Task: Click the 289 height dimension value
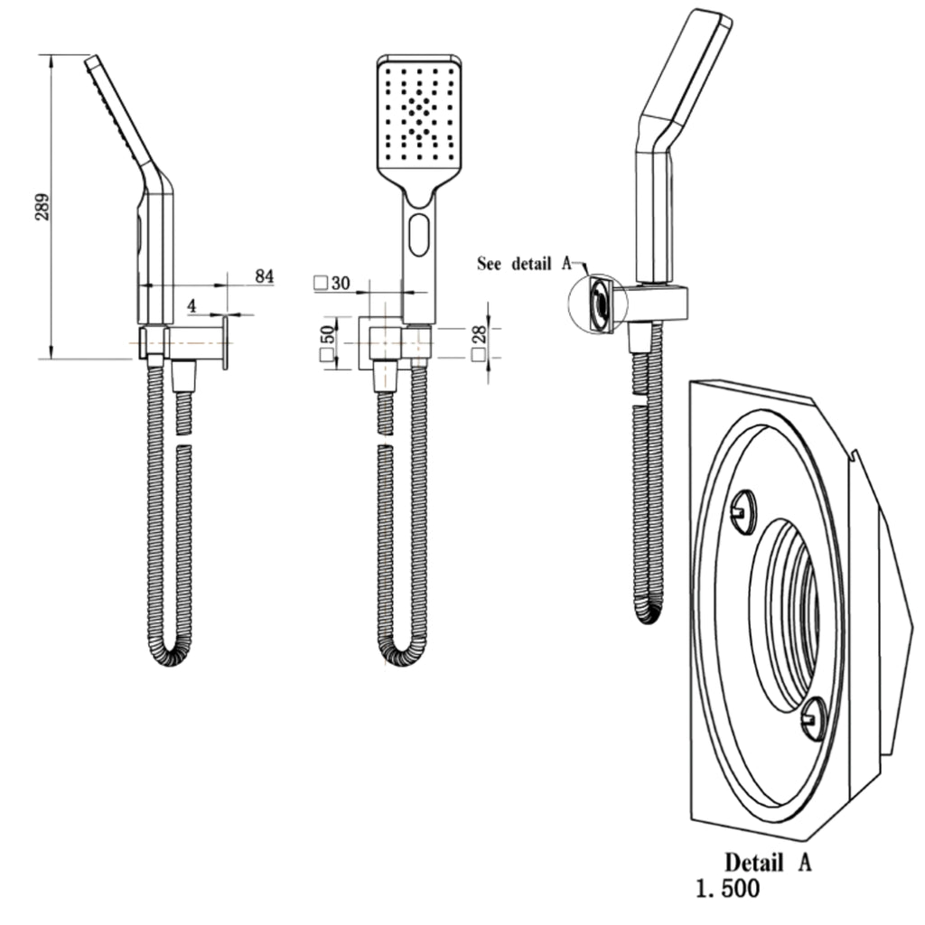pyautogui.click(x=42, y=207)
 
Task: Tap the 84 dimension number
pyautogui.click(x=265, y=276)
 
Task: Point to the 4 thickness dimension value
pyautogui.click(x=192, y=305)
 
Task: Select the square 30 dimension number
pyautogui.click(x=332, y=283)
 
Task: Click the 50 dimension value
pyautogui.click(x=328, y=334)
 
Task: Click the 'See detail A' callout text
pyautogui.click(x=525, y=263)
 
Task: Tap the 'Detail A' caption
pyautogui.click(x=768, y=863)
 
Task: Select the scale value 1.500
pyautogui.click(x=728, y=888)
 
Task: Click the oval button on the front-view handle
pyautogui.click(x=418, y=235)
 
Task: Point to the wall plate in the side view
pyautogui.click(x=225, y=342)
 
